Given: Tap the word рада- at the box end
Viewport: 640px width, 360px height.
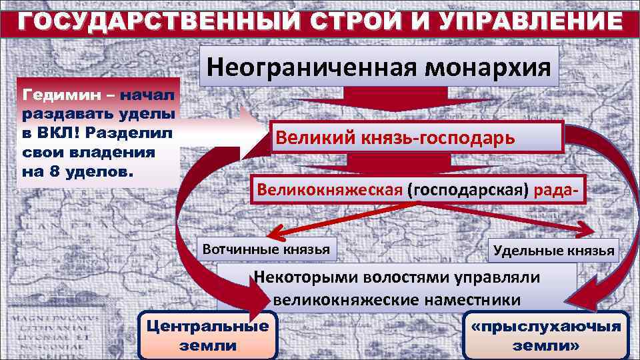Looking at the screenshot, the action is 554,190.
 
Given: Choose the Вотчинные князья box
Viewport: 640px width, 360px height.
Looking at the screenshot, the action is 267,249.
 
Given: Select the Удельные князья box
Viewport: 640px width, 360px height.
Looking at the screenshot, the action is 553,251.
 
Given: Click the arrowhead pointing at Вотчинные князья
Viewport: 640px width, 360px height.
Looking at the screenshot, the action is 270,234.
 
